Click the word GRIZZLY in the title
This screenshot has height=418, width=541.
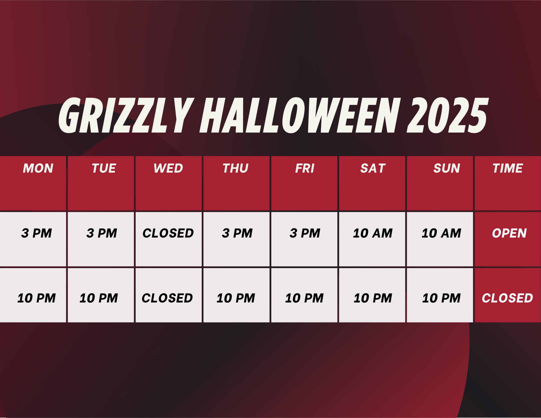tap(126, 115)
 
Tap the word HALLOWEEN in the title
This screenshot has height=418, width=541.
tap(300, 115)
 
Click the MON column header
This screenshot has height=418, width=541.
tap(38, 168)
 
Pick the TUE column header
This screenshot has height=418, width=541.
tap(104, 168)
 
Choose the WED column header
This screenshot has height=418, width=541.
tap(168, 168)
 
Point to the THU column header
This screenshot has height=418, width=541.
tap(236, 168)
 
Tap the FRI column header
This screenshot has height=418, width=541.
tap(305, 168)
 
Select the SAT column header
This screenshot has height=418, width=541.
tap(373, 168)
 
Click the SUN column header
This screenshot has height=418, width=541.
tap(447, 168)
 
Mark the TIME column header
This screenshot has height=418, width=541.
tap(508, 168)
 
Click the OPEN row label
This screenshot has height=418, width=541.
tap(509, 233)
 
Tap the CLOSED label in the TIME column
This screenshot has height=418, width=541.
tap(507, 298)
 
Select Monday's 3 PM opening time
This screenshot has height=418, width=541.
tap(37, 233)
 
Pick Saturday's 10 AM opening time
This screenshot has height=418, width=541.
tap(373, 233)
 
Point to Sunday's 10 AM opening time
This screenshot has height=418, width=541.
tap(441, 233)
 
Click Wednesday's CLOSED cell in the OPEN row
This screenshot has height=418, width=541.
tap(168, 233)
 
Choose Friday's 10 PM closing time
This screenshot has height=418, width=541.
tap(304, 298)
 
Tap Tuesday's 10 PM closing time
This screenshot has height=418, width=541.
tap(99, 298)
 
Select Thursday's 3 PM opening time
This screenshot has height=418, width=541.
tap(237, 233)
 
